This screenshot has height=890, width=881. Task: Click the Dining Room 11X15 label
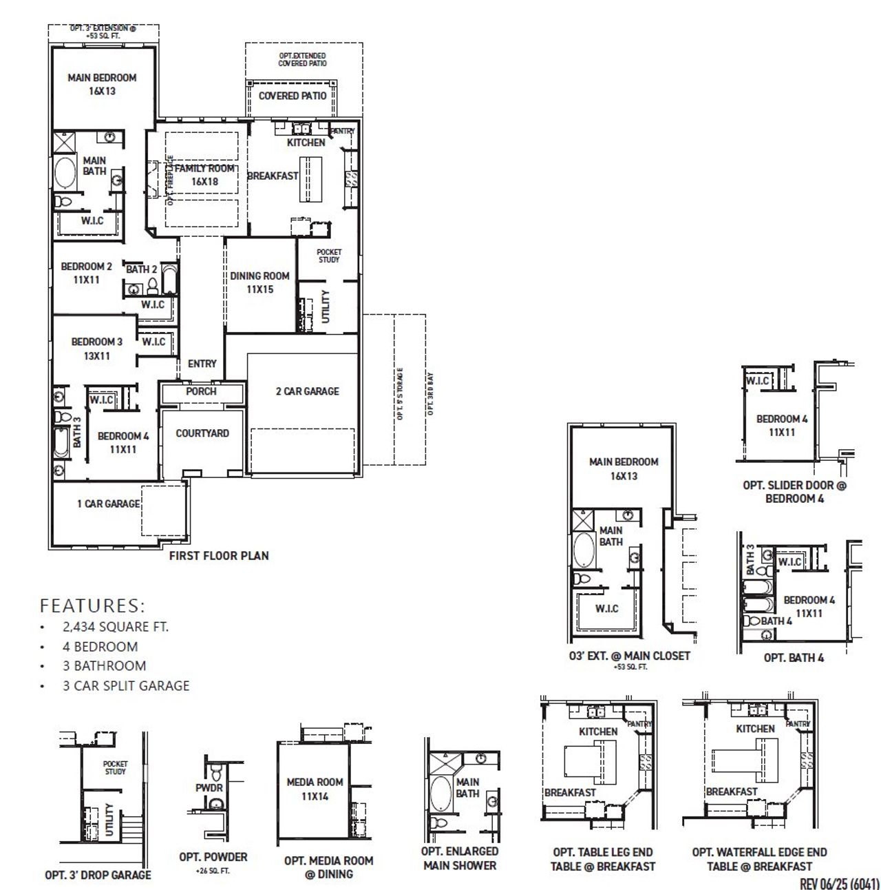259,282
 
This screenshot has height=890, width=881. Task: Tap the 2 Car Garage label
307,391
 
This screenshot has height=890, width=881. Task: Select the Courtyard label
202,433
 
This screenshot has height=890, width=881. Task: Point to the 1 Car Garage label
108,504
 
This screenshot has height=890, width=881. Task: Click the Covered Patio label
293,96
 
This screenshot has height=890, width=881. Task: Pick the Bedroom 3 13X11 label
96,349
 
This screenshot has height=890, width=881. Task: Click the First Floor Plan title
219,555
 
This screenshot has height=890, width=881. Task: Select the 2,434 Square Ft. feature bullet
115,627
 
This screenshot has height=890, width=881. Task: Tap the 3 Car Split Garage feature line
125,685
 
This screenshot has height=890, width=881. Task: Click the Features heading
92,606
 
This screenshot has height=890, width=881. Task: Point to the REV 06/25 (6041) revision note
839,883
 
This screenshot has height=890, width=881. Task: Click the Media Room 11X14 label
315,789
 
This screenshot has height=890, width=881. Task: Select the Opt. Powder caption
213,858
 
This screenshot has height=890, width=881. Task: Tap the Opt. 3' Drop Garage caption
98,875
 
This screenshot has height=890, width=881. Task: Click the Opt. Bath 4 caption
794,658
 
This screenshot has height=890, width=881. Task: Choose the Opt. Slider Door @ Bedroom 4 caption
794,491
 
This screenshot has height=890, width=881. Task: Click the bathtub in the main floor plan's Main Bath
66,174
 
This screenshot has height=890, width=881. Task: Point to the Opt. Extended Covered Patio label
302,59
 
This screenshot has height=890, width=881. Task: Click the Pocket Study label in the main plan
329,256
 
